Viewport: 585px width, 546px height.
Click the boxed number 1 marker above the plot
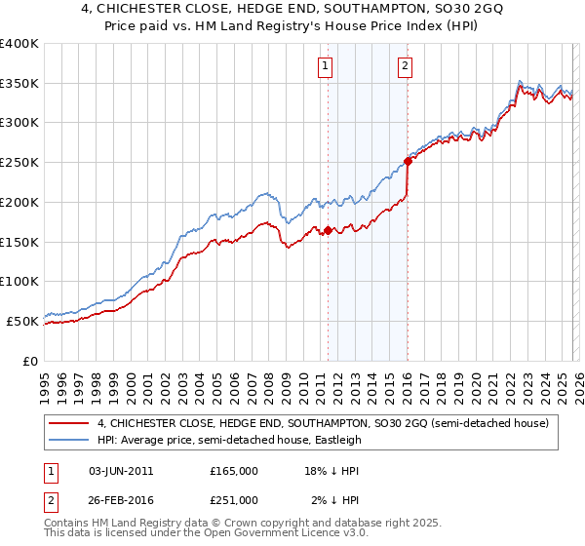pyautogui.click(x=325, y=66)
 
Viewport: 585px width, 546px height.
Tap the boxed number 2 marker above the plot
pyautogui.click(x=405, y=66)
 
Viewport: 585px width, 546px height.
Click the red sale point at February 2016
pyautogui.click(x=408, y=162)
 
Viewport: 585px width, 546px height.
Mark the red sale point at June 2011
pyautogui.click(x=328, y=230)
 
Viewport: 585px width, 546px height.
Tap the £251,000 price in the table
pyautogui.click(x=234, y=499)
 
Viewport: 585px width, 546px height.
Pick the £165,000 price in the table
pyautogui.click(x=234, y=470)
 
